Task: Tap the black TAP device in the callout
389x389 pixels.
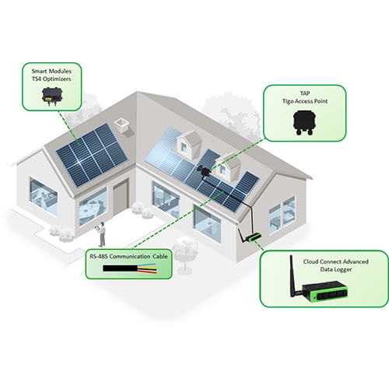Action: point(304,122)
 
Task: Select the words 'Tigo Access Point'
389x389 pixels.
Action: point(305,101)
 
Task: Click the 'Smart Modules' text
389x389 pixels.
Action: point(51,71)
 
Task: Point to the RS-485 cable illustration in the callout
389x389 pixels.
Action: point(130,268)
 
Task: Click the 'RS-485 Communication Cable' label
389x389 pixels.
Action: point(128,257)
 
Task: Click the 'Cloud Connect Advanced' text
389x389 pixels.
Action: point(336,261)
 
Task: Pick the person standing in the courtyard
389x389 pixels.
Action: point(101,234)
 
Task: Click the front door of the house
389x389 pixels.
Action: point(120,198)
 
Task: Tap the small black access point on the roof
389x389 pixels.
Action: point(205,171)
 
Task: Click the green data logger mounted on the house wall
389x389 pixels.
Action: point(254,237)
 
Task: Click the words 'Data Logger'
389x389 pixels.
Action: point(336,269)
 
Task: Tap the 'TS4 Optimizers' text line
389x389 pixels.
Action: point(51,79)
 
